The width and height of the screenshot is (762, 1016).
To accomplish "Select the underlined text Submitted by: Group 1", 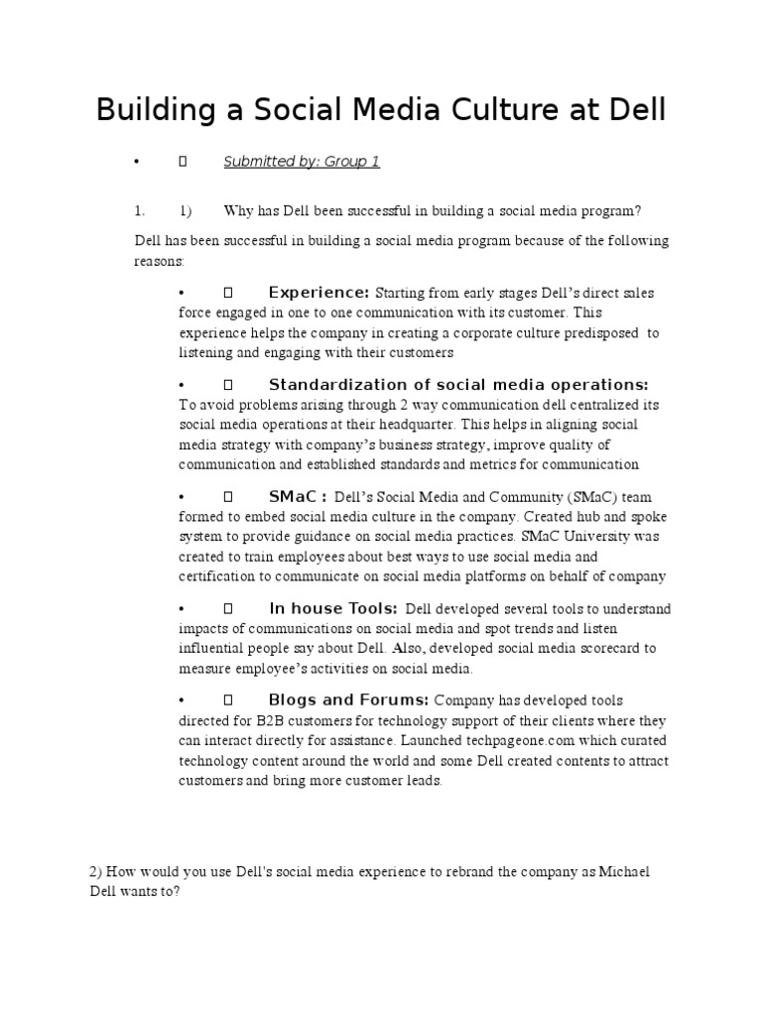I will (302, 161).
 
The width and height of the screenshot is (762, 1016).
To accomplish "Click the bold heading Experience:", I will (318, 293).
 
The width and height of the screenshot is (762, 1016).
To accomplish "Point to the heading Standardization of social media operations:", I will (458, 385).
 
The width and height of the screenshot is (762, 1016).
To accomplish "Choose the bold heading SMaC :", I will (298, 496).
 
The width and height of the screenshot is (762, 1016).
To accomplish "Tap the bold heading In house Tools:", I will (333, 608).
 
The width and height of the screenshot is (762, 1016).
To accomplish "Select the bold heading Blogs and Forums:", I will (348, 699).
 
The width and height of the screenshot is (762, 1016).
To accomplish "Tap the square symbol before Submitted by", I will (182, 162).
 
